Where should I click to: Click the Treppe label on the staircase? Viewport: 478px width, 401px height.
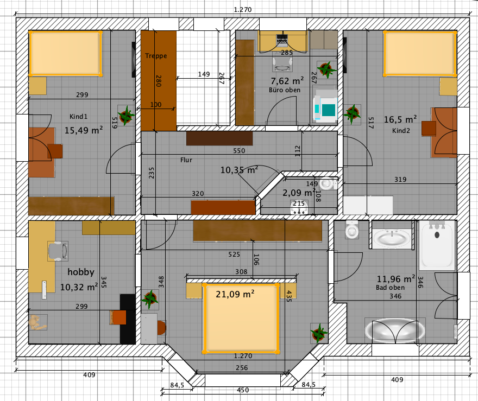point(156,56)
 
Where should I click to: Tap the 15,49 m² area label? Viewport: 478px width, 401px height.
point(84,130)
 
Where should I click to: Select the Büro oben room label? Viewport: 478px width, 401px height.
point(285,90)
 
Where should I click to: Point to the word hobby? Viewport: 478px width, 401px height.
point(81,272)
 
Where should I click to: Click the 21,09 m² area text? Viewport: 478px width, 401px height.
point(235,294)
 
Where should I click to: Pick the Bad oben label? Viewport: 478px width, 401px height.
point(390,288)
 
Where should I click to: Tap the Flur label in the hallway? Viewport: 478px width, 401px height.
point(186,160)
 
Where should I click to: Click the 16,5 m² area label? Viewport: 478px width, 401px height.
point(400,119)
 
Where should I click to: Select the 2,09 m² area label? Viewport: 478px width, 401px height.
point(299,193)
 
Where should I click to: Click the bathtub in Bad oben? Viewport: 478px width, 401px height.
point(437,246)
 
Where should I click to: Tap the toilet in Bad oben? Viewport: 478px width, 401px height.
point(352,230)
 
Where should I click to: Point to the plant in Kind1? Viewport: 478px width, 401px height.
point(125,115)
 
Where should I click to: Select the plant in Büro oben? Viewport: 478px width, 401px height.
point(326,69)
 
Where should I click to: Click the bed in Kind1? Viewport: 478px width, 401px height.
point(66,53)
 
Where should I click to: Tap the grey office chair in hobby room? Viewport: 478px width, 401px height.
point(58,251)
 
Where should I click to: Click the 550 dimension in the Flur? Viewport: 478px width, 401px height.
point(239,151)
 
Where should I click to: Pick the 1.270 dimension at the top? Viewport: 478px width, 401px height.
point(243,9)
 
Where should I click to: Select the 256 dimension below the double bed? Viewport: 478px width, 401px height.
point(242,368)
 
